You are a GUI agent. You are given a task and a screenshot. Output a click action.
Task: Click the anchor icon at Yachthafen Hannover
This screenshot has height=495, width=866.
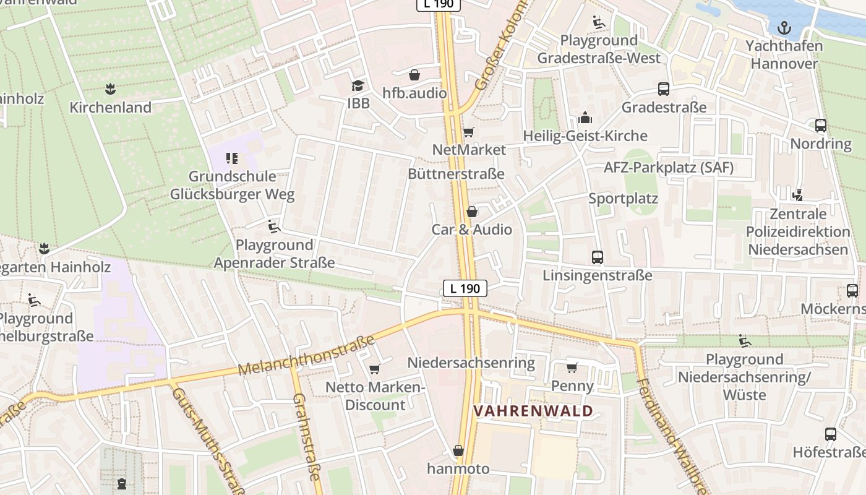pyautogui.click(x=784, y=27)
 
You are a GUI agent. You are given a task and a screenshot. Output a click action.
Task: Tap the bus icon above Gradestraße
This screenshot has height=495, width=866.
pyautogui.click(x=664, y=89)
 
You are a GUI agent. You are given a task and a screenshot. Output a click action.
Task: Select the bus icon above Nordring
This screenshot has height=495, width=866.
pyautogui.click(x=821, y=126)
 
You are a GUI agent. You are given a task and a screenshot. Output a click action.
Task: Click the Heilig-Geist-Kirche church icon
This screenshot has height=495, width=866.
pyautogui.click(x=585, y=118)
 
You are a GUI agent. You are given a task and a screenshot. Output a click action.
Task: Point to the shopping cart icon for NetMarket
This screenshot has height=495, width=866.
pyautogui.click(x=468, y=132)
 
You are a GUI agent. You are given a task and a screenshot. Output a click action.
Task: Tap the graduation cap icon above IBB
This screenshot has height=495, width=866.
pyautogui.click(x=358, y=85)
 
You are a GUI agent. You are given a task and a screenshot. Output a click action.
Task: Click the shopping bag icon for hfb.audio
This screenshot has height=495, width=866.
pyautogui.click(x=414, y=75)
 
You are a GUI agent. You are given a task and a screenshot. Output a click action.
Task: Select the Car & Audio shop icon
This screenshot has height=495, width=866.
pyautogui.click(x=472, y=212)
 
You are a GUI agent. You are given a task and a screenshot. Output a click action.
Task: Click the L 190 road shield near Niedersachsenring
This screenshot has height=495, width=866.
pyautogui.click(x=465, y=288)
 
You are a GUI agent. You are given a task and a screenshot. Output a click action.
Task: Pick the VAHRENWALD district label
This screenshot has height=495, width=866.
pyautogui.click(x=533, y=411)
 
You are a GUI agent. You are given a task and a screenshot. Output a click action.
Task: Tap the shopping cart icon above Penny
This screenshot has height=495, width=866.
pyautogui.click(x=572, y=368)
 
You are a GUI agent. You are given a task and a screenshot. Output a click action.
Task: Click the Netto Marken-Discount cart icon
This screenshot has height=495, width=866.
pyautogui.click(x=374, y=369)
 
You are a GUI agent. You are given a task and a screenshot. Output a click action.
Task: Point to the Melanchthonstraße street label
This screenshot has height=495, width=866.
pyautogui.click(x=307, y=356)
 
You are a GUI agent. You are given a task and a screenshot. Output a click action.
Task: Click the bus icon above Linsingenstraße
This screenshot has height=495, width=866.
pyautogui.click(x=598, y=257)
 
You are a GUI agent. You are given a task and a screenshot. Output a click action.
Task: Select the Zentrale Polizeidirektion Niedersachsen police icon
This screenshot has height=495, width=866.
pyautogui.click(x=798, y=196)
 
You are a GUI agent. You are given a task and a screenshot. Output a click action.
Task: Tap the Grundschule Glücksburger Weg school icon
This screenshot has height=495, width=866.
pyautogui.click(x=232, y=158)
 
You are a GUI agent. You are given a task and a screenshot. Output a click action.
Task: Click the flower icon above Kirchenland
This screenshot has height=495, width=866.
pyautogui.click(x=110, y=89)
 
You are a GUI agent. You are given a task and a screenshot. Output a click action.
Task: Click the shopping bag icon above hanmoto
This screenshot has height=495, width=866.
pyautogui.click(x=458, y=450)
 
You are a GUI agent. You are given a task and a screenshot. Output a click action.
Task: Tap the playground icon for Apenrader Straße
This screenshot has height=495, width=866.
pyautogui.click(x=274, y=226)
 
